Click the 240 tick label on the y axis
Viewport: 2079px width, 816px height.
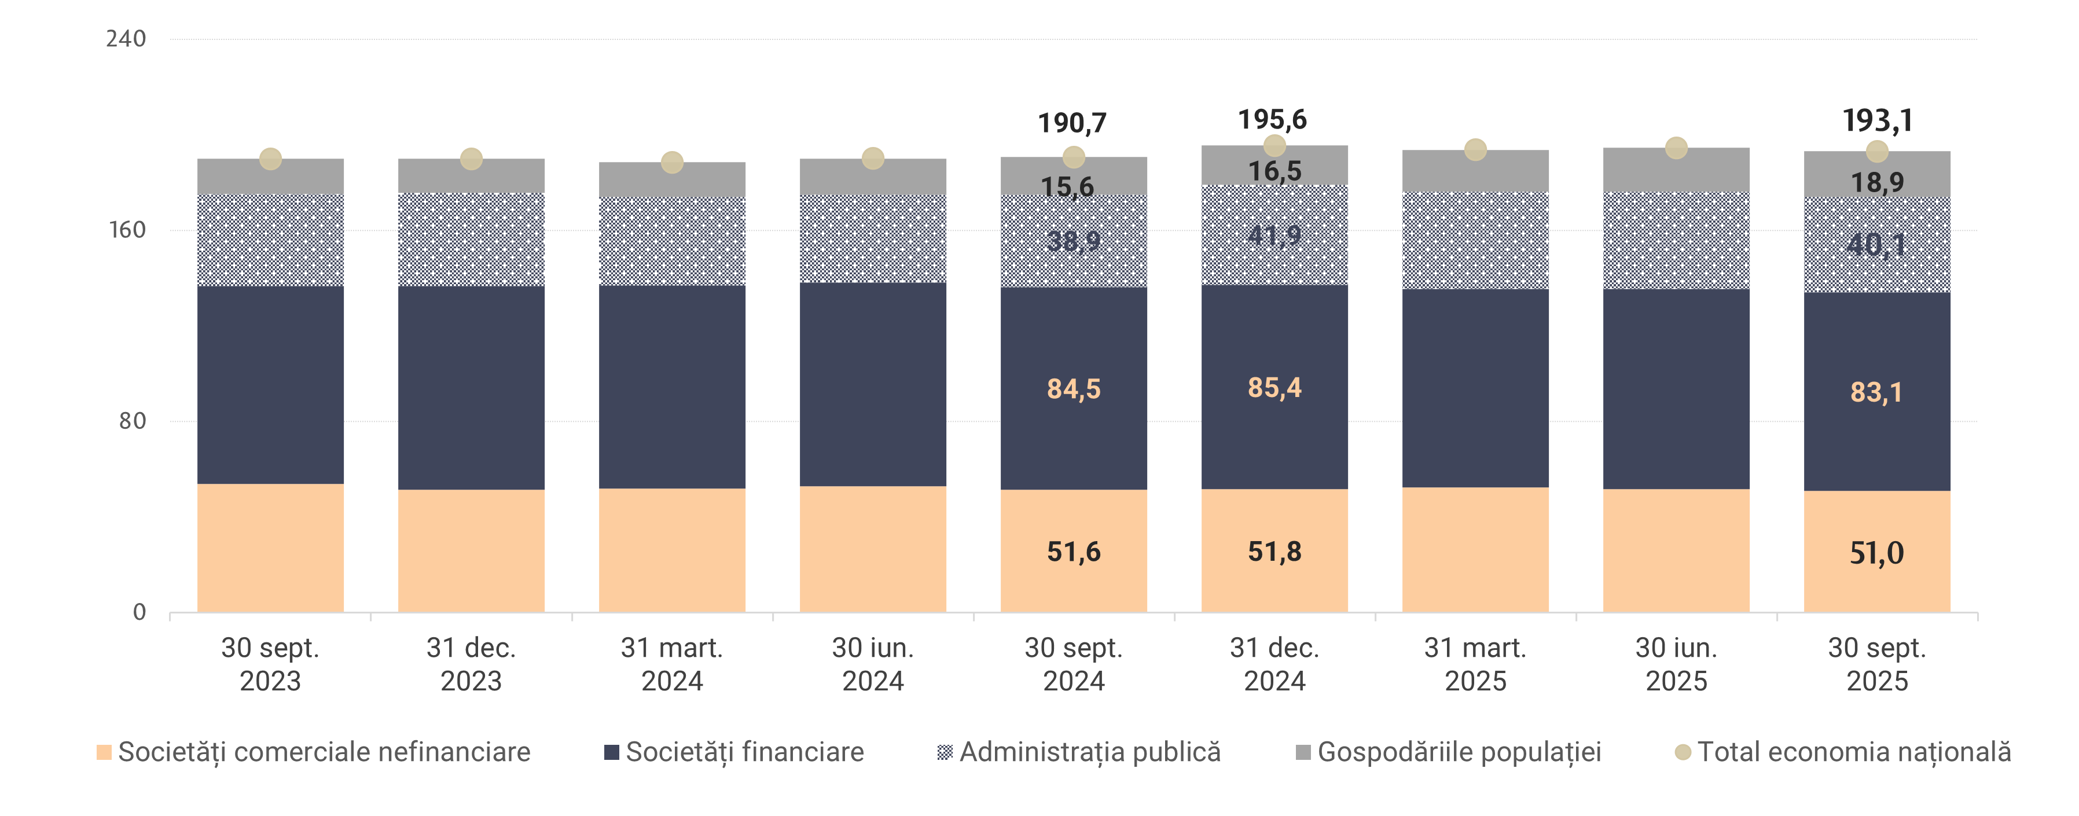[x=126, y=39]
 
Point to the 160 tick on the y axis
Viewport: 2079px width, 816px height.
[x=126, y=230]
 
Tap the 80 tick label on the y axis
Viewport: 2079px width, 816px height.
[x=131, y=421]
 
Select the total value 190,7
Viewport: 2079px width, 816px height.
[x=1072, y=123]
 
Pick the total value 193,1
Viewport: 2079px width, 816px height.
[x=1877, y=121]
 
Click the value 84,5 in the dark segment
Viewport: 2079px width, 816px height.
[x=1074, y=389]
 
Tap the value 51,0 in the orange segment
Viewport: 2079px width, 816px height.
[x=1876, y=553]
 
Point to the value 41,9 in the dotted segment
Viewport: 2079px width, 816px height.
[x=1274, y=235]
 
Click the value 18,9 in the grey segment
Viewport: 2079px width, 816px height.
[x=1877, y=182]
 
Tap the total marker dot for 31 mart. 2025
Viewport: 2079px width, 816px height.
[x=1475, y=149]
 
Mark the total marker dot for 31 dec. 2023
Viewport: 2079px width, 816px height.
[x=471, y=159]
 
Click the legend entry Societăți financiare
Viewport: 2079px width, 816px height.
[x=734, y=752]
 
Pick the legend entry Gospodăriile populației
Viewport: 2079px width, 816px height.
[x=1448, y=752]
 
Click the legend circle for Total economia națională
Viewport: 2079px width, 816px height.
[x=1683, y=752]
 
